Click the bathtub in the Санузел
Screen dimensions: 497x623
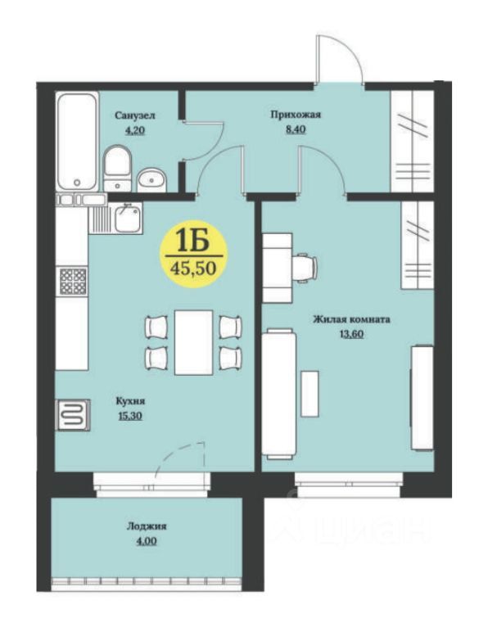[x=78, y=141]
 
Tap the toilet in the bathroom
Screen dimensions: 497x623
[x=117, y=168]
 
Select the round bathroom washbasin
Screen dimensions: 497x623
[x=151, y=180]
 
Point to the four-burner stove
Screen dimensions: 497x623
[x=73, y=282]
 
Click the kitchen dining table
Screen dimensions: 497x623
[x=194, y=342]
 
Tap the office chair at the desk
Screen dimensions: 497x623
[x=305, y=269]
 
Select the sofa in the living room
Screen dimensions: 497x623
[x=279, y=394]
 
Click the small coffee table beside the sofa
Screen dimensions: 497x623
[x=309, y=394]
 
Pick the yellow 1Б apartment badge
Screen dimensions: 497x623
[x=193, y=256]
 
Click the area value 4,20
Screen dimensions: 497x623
[x=134, y=130]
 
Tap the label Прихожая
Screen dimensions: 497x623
[x=296, y=115]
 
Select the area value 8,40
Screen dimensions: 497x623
[x=296, y=129]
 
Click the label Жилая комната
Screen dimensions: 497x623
[x=351, y=319]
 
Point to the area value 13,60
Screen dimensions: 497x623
[x=351, y=334]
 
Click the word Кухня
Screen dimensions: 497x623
[x=130, y=401]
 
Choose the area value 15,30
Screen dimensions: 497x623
[x=130, y=416]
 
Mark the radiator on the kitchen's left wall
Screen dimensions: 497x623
[x=75, y=415]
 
